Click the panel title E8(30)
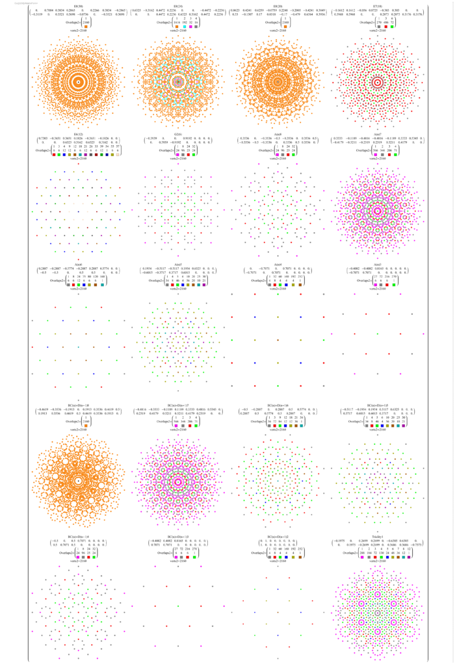click(x=78, y=6)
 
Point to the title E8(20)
click(x=278, y=6)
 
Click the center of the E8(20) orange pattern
click(x=278, y=81)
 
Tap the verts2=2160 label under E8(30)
click(x=78, y=31)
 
